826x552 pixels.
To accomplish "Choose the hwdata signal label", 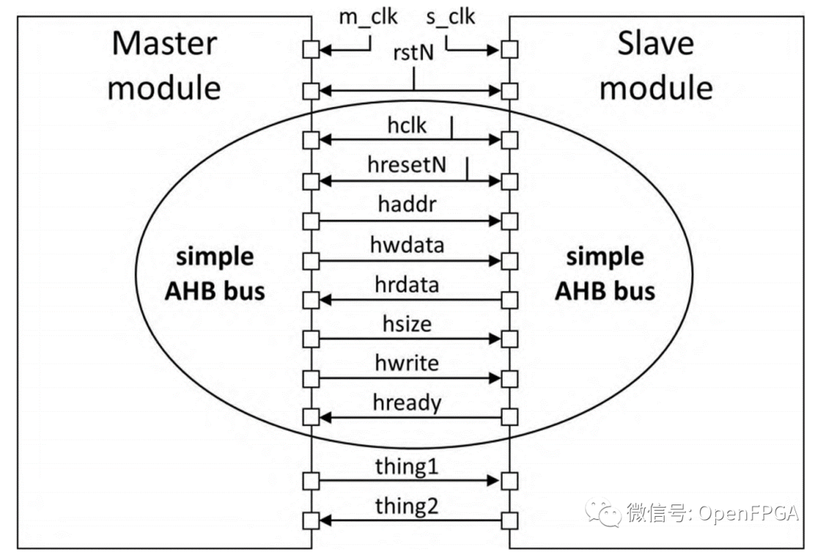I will (407, 245).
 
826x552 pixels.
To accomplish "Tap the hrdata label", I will (407, 285).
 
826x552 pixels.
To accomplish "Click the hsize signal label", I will (407, 324).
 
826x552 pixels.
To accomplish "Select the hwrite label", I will (407, 363).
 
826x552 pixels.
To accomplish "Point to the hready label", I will (407, 402).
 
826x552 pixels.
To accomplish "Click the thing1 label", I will (407, 466).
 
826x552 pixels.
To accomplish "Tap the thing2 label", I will (407, 506).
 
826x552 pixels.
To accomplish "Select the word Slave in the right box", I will (655, 43).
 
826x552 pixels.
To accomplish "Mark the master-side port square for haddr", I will (311, 221).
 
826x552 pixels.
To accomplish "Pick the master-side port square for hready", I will (311, 417).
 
